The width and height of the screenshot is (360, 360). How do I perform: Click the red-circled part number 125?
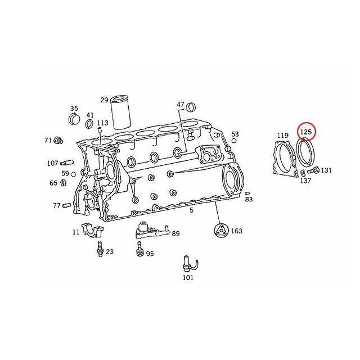[x=307, y=132]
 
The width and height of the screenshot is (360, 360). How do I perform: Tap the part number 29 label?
[x=104, y=100]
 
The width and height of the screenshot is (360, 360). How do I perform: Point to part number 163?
[x=237, y=231]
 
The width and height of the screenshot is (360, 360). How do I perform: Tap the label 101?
[x=188, y=277]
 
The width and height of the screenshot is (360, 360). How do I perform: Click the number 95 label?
[x=150, y=254]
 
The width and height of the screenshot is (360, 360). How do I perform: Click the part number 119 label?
[x=282, y=136]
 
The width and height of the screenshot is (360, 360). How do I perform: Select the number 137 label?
[x=305, y=181]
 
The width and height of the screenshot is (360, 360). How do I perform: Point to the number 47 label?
[x=181, y=105]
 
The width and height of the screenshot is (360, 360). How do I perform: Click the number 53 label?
[x=235, y=134]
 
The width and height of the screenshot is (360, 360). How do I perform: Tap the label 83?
[x=249, y=200]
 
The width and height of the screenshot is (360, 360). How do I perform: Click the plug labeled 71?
[x=58, y=139]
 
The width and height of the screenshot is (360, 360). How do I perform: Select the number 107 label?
[x=53, y=164]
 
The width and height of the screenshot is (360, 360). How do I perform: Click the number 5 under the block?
[x=192, y=210]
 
